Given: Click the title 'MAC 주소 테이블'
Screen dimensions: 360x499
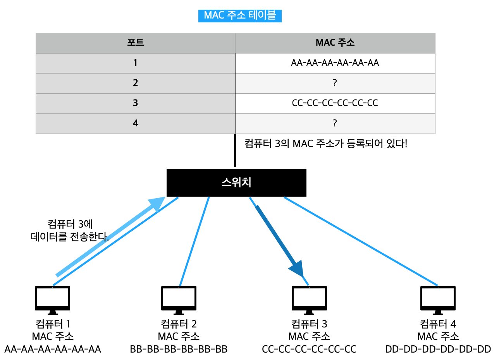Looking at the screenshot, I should (240, 15).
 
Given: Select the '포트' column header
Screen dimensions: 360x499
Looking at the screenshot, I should (135, 43).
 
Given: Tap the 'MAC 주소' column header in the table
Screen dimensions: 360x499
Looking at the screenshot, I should (335, 43).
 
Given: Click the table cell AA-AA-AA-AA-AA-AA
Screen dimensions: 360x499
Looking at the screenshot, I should (335, 63).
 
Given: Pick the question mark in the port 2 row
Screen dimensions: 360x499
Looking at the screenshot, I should (335, 83).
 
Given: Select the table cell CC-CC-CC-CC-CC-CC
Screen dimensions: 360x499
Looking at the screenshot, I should (335, 103).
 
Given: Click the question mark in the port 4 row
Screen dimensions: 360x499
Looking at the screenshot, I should (335, 123).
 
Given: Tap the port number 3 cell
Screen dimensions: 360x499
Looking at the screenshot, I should (135, 103).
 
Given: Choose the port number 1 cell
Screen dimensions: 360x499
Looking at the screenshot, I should (135, 63).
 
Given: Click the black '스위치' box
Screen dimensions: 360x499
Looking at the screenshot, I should (236, 183).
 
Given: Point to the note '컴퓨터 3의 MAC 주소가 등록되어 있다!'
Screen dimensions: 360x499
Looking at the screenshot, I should (326, 144).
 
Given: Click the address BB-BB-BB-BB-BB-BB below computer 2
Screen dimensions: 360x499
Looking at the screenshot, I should (179, 350).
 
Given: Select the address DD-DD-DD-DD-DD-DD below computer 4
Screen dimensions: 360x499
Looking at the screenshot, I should (438, 350).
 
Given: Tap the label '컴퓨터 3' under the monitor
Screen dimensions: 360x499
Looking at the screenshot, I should (309, 324).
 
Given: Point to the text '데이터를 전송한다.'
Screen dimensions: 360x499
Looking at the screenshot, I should (69, 237).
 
